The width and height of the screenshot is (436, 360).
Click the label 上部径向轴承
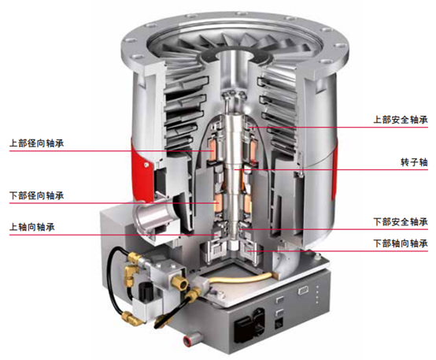pos(37,143)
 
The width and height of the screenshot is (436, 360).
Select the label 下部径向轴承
pos(37,195)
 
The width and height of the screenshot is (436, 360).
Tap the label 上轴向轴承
pos(32,227)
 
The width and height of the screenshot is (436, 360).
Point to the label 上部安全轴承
pos(401,120)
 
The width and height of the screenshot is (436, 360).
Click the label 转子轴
pos(414,162)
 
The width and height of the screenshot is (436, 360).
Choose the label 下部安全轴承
pos(401,222)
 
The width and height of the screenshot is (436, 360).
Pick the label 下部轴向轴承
pos(401,243)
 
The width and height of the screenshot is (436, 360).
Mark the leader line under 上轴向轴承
pos(114,235)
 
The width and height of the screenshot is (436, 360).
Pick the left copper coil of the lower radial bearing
pos(218,203)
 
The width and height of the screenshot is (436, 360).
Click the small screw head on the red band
pos(145,165)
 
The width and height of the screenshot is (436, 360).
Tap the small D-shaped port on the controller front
pos(302,291)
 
